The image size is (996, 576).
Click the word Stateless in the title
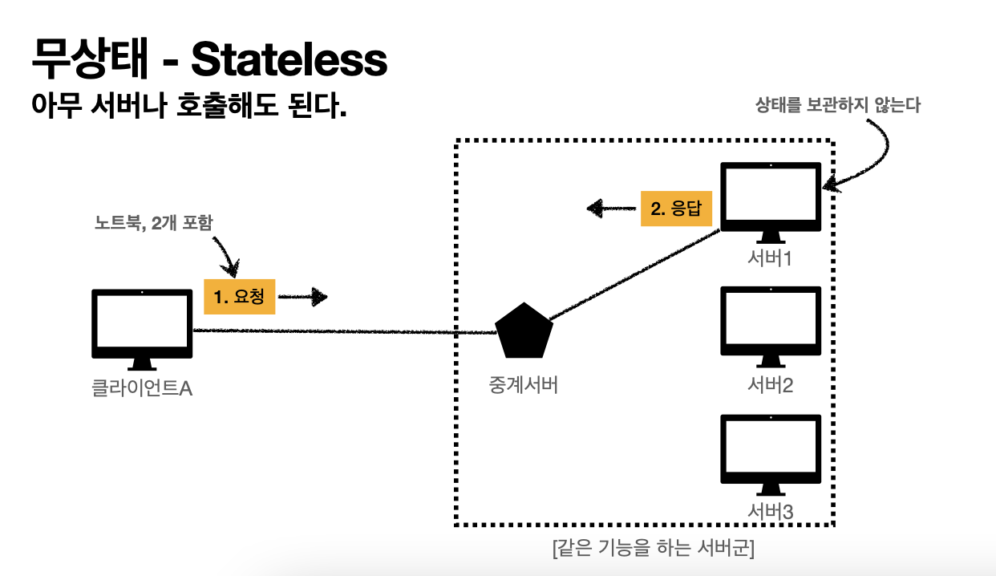289,59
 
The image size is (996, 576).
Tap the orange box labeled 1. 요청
240,298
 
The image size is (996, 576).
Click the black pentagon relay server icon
524,331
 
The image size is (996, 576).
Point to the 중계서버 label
523,385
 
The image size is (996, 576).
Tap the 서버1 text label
771,259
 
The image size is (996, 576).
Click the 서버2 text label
771,385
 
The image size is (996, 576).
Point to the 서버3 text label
771,510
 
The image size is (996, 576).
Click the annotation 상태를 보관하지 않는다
838,105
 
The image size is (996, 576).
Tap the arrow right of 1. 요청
304,298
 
